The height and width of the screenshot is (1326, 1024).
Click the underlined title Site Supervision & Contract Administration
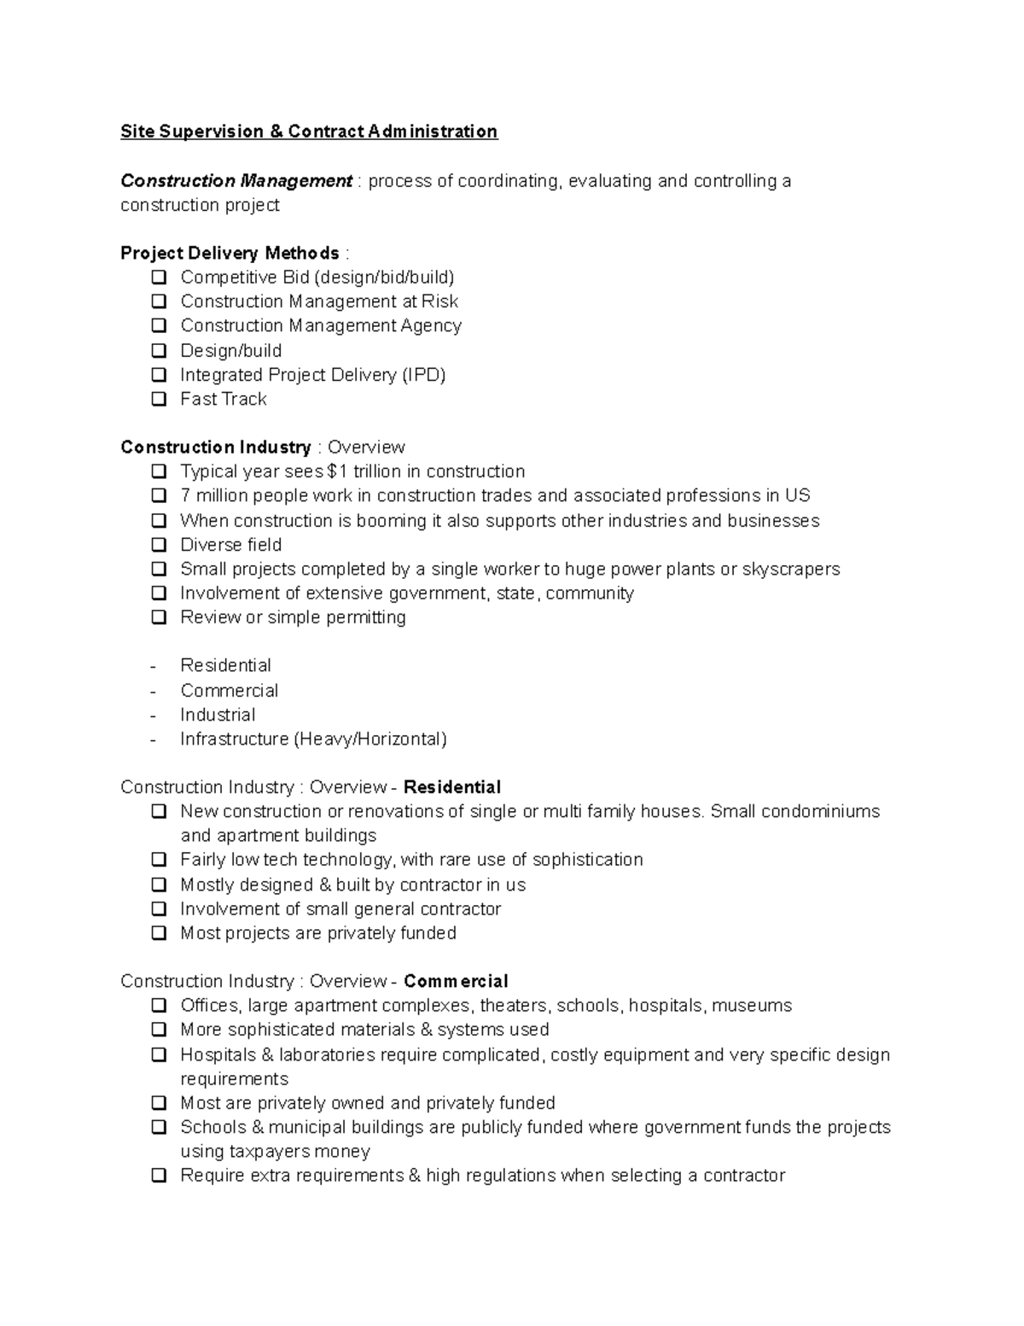pos(308,131)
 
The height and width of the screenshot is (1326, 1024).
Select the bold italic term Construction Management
pos(236,181)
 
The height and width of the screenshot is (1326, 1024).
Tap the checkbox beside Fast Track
pos(159,399)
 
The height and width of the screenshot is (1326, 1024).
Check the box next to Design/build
pos(159,350)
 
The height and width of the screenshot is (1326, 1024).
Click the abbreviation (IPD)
pos(423,375)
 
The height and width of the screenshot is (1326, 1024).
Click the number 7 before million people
pos(185,496)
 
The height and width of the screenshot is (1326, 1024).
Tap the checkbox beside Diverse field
pos(159,545)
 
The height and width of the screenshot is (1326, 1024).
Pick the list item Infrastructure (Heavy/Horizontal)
pos(313,739)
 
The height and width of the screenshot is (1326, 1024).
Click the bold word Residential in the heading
pos(451,787)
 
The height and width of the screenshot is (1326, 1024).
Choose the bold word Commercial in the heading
pos(456,981)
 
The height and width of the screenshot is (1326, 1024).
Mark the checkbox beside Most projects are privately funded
pos(159,933)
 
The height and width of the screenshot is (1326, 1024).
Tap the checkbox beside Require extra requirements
pos(159,1176)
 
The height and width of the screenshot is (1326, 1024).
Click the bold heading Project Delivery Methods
pos(230,254)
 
